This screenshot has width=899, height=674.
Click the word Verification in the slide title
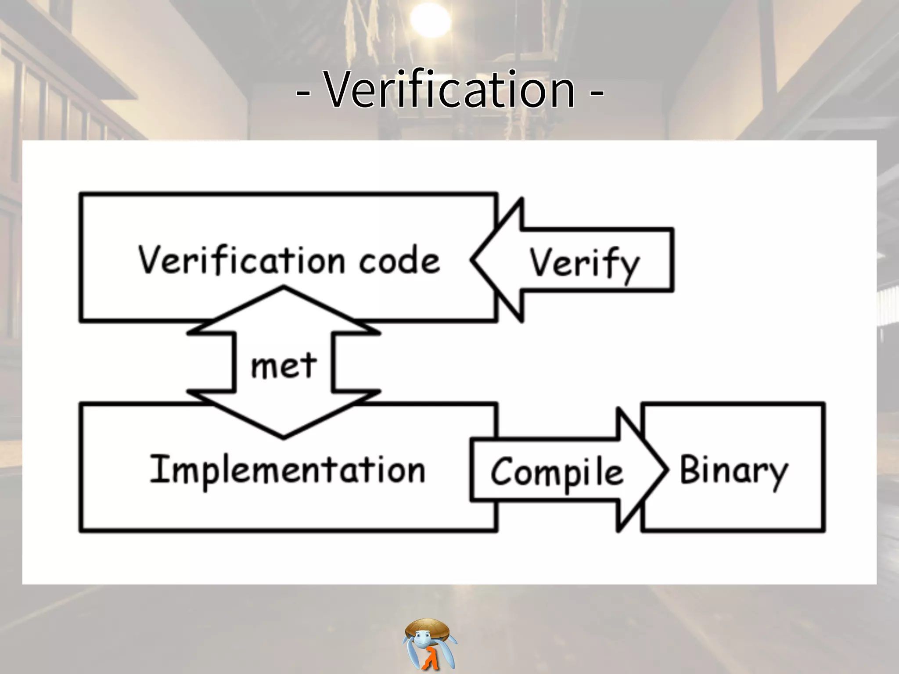449,90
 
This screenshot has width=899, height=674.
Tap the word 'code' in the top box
399,261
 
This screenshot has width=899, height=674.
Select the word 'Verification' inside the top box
241,260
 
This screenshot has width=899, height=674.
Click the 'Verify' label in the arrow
584,263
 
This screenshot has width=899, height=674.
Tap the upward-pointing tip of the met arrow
284,288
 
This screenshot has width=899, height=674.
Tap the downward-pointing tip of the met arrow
284,436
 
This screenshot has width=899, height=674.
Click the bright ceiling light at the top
430,20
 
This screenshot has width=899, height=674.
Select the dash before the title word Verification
303,93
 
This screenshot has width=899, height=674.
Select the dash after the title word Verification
596,93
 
